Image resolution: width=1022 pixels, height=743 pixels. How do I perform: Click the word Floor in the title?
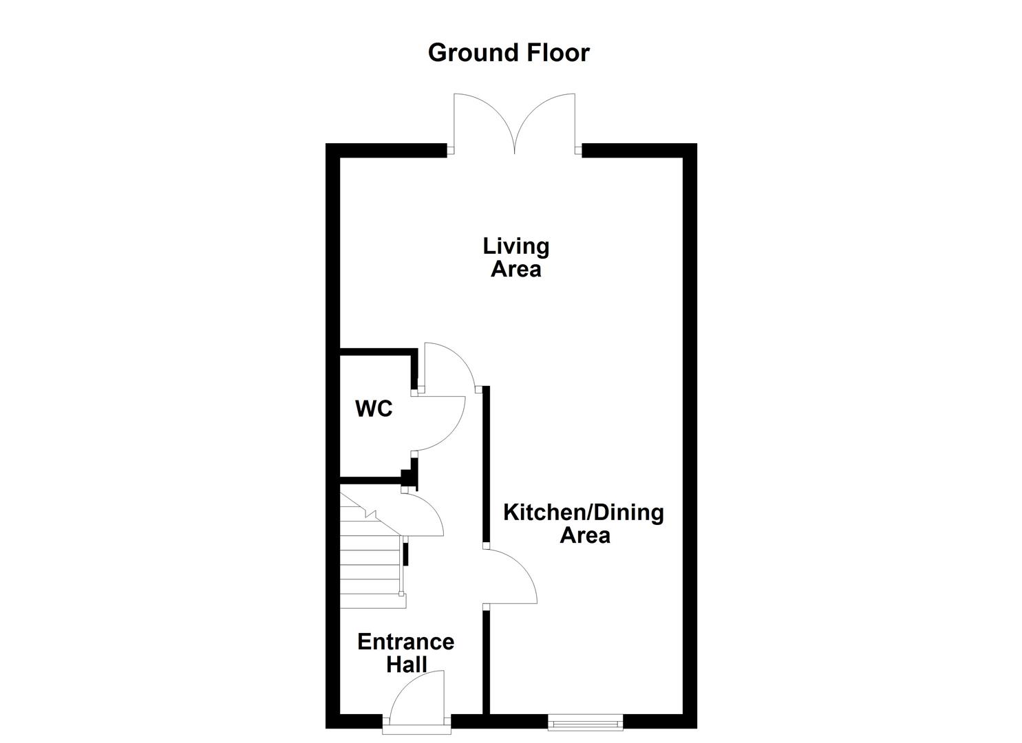[557, 53]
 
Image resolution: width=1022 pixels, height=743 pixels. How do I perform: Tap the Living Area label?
[515, 257]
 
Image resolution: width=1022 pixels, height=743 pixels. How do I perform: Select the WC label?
[374, 409]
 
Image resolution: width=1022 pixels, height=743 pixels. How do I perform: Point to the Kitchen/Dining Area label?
[584, 524]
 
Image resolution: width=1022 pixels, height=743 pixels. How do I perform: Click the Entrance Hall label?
[405, 653]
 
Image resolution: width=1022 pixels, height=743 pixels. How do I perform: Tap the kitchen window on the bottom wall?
[585, 722]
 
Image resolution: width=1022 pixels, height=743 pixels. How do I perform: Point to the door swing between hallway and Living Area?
[447, 365]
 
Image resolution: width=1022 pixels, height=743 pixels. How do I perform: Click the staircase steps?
[370, 564]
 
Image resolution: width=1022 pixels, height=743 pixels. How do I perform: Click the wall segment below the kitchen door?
[486, 660]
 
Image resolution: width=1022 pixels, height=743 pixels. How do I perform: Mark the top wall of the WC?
[377, 352]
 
